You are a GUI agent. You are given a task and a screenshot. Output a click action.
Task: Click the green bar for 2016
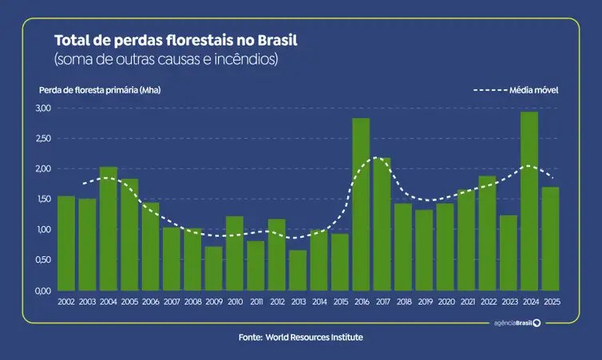(361, 204)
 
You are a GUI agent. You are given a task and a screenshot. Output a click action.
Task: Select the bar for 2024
(529, 201)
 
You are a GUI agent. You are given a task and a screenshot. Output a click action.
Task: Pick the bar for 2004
(109, 228)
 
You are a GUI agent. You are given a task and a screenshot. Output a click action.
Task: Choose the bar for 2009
(213, 268)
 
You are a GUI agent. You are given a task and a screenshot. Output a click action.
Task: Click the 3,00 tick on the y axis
(44, 108)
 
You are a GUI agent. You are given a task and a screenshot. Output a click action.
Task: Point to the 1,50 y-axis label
(44, 199)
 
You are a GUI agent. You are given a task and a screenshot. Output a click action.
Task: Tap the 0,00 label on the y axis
(44, 291)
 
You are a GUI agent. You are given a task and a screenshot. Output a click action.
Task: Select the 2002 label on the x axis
(66, 302)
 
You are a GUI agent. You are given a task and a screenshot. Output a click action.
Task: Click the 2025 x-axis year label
(550, 302)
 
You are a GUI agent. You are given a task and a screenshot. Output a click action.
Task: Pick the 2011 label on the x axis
(255, 302)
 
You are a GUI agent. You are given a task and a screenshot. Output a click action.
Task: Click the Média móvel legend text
(533, 90)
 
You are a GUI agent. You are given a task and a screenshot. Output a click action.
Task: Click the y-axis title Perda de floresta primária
(99, 90)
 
